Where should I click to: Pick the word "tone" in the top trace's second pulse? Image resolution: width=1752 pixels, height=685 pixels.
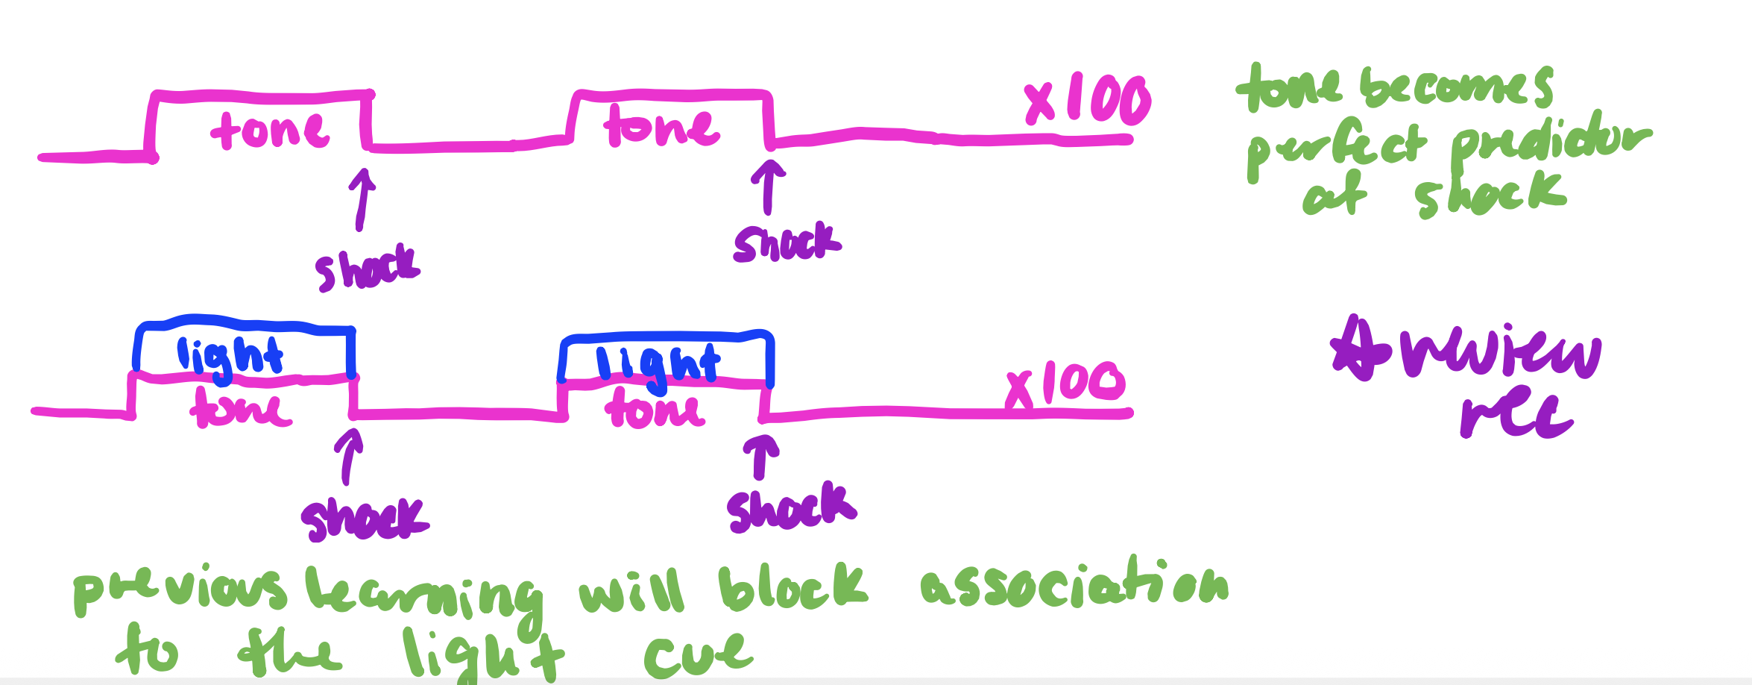coord(661,127)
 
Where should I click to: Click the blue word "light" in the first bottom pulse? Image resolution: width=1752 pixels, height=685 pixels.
coord(230,357)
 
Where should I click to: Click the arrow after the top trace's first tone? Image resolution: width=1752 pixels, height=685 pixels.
coord(362,198)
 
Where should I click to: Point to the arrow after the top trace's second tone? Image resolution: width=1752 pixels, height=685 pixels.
coord(767,187)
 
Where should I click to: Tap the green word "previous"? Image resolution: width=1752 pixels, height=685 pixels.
coord(179,589)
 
